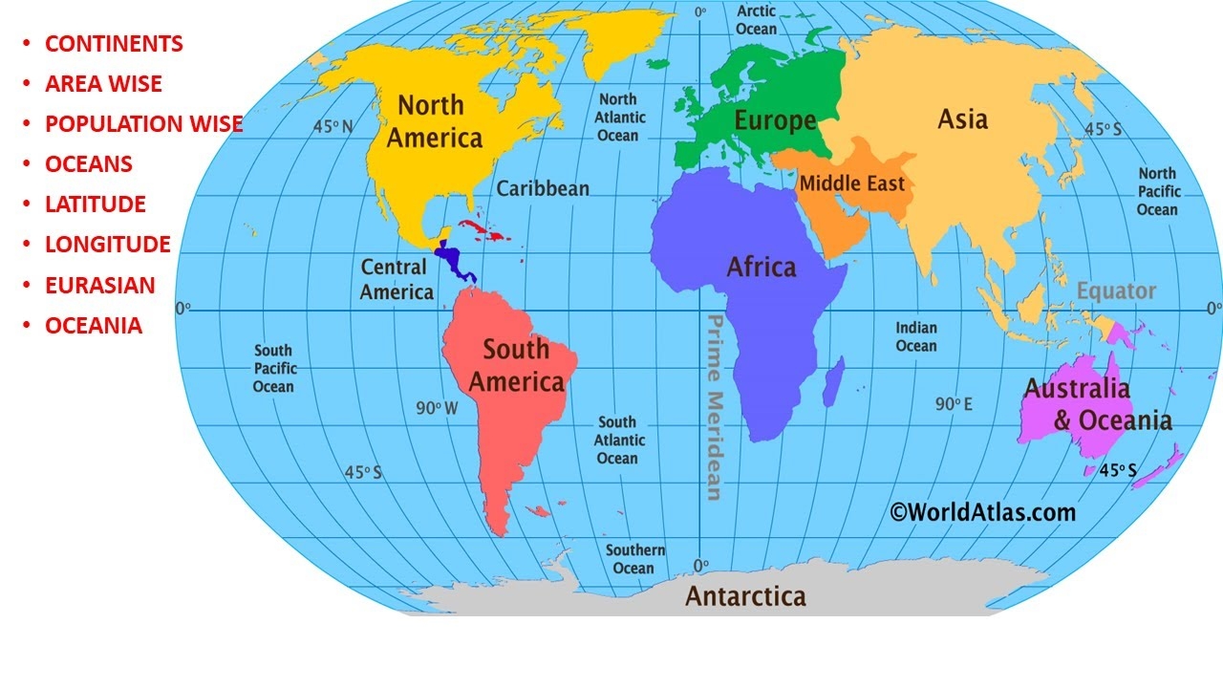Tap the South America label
pos(516,366)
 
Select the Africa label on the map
pos(762,267)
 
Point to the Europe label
pos(775,120)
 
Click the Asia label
pos(962,119)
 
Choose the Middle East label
pos(851,183)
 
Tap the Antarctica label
pos(745,597)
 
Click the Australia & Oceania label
pos(1097,404)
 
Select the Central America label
pos(397,280)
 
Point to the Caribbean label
pos(543,188)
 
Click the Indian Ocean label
pos(915,336)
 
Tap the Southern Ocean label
pos(635,559)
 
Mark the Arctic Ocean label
pos(756,20)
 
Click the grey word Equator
pos(1116,291)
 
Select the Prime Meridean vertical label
pos(713,407)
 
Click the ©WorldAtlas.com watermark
pos(982,512)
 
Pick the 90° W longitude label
pos(438,408)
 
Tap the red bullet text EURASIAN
pos(99,285)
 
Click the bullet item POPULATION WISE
pos(143,124)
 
